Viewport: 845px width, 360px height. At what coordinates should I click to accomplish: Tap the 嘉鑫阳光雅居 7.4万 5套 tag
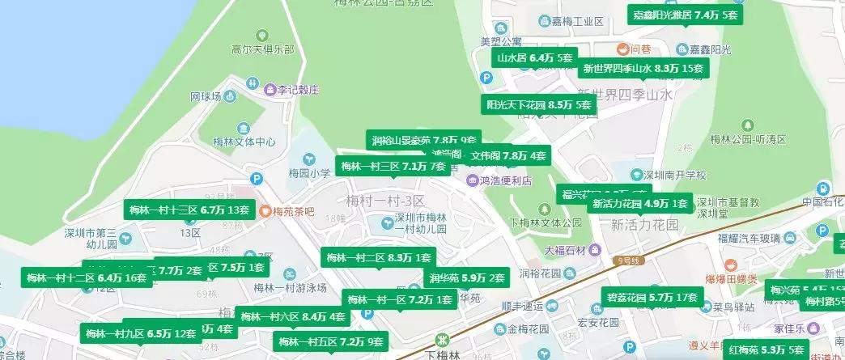pos(686,15)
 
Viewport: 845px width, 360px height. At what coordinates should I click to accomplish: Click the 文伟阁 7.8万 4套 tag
pos(508,155)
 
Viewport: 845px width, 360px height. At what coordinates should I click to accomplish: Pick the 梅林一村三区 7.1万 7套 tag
pos(393,167)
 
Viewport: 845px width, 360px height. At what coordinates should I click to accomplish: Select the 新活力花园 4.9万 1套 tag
pos(639,203)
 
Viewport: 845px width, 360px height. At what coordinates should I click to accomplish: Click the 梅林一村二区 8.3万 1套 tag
pos(378,258)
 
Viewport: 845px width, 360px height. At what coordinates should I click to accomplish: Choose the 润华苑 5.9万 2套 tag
pos(467,278)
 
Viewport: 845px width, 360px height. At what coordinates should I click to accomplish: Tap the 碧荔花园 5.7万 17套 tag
pos(652,298)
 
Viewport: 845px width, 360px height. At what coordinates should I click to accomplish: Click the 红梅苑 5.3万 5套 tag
pos(766,349)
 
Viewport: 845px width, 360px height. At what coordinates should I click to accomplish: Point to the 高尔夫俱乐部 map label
pos(240,49)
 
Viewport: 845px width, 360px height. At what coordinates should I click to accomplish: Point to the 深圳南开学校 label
pos(673,175)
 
